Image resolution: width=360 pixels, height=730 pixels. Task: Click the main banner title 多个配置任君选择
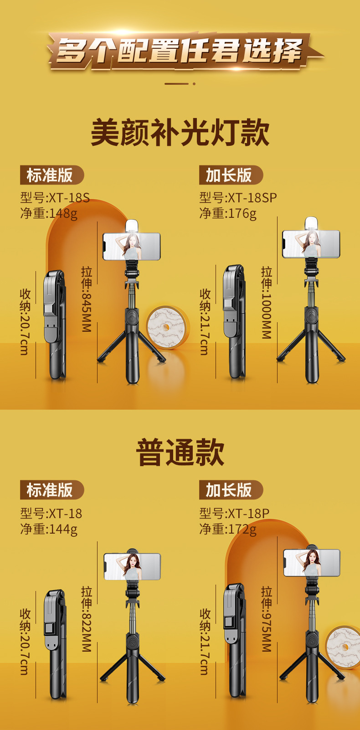(x=180, y=50)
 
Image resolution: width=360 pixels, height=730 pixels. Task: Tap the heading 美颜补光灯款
(x=180, y=133)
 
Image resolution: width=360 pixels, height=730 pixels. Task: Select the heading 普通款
(x=180, y=452)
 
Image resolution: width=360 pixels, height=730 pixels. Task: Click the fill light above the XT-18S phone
(x=132, y=226)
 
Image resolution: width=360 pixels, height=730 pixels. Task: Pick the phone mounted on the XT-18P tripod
(x=312, y=563)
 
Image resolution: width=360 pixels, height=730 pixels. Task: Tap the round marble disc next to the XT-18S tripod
(x=167, y=327)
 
